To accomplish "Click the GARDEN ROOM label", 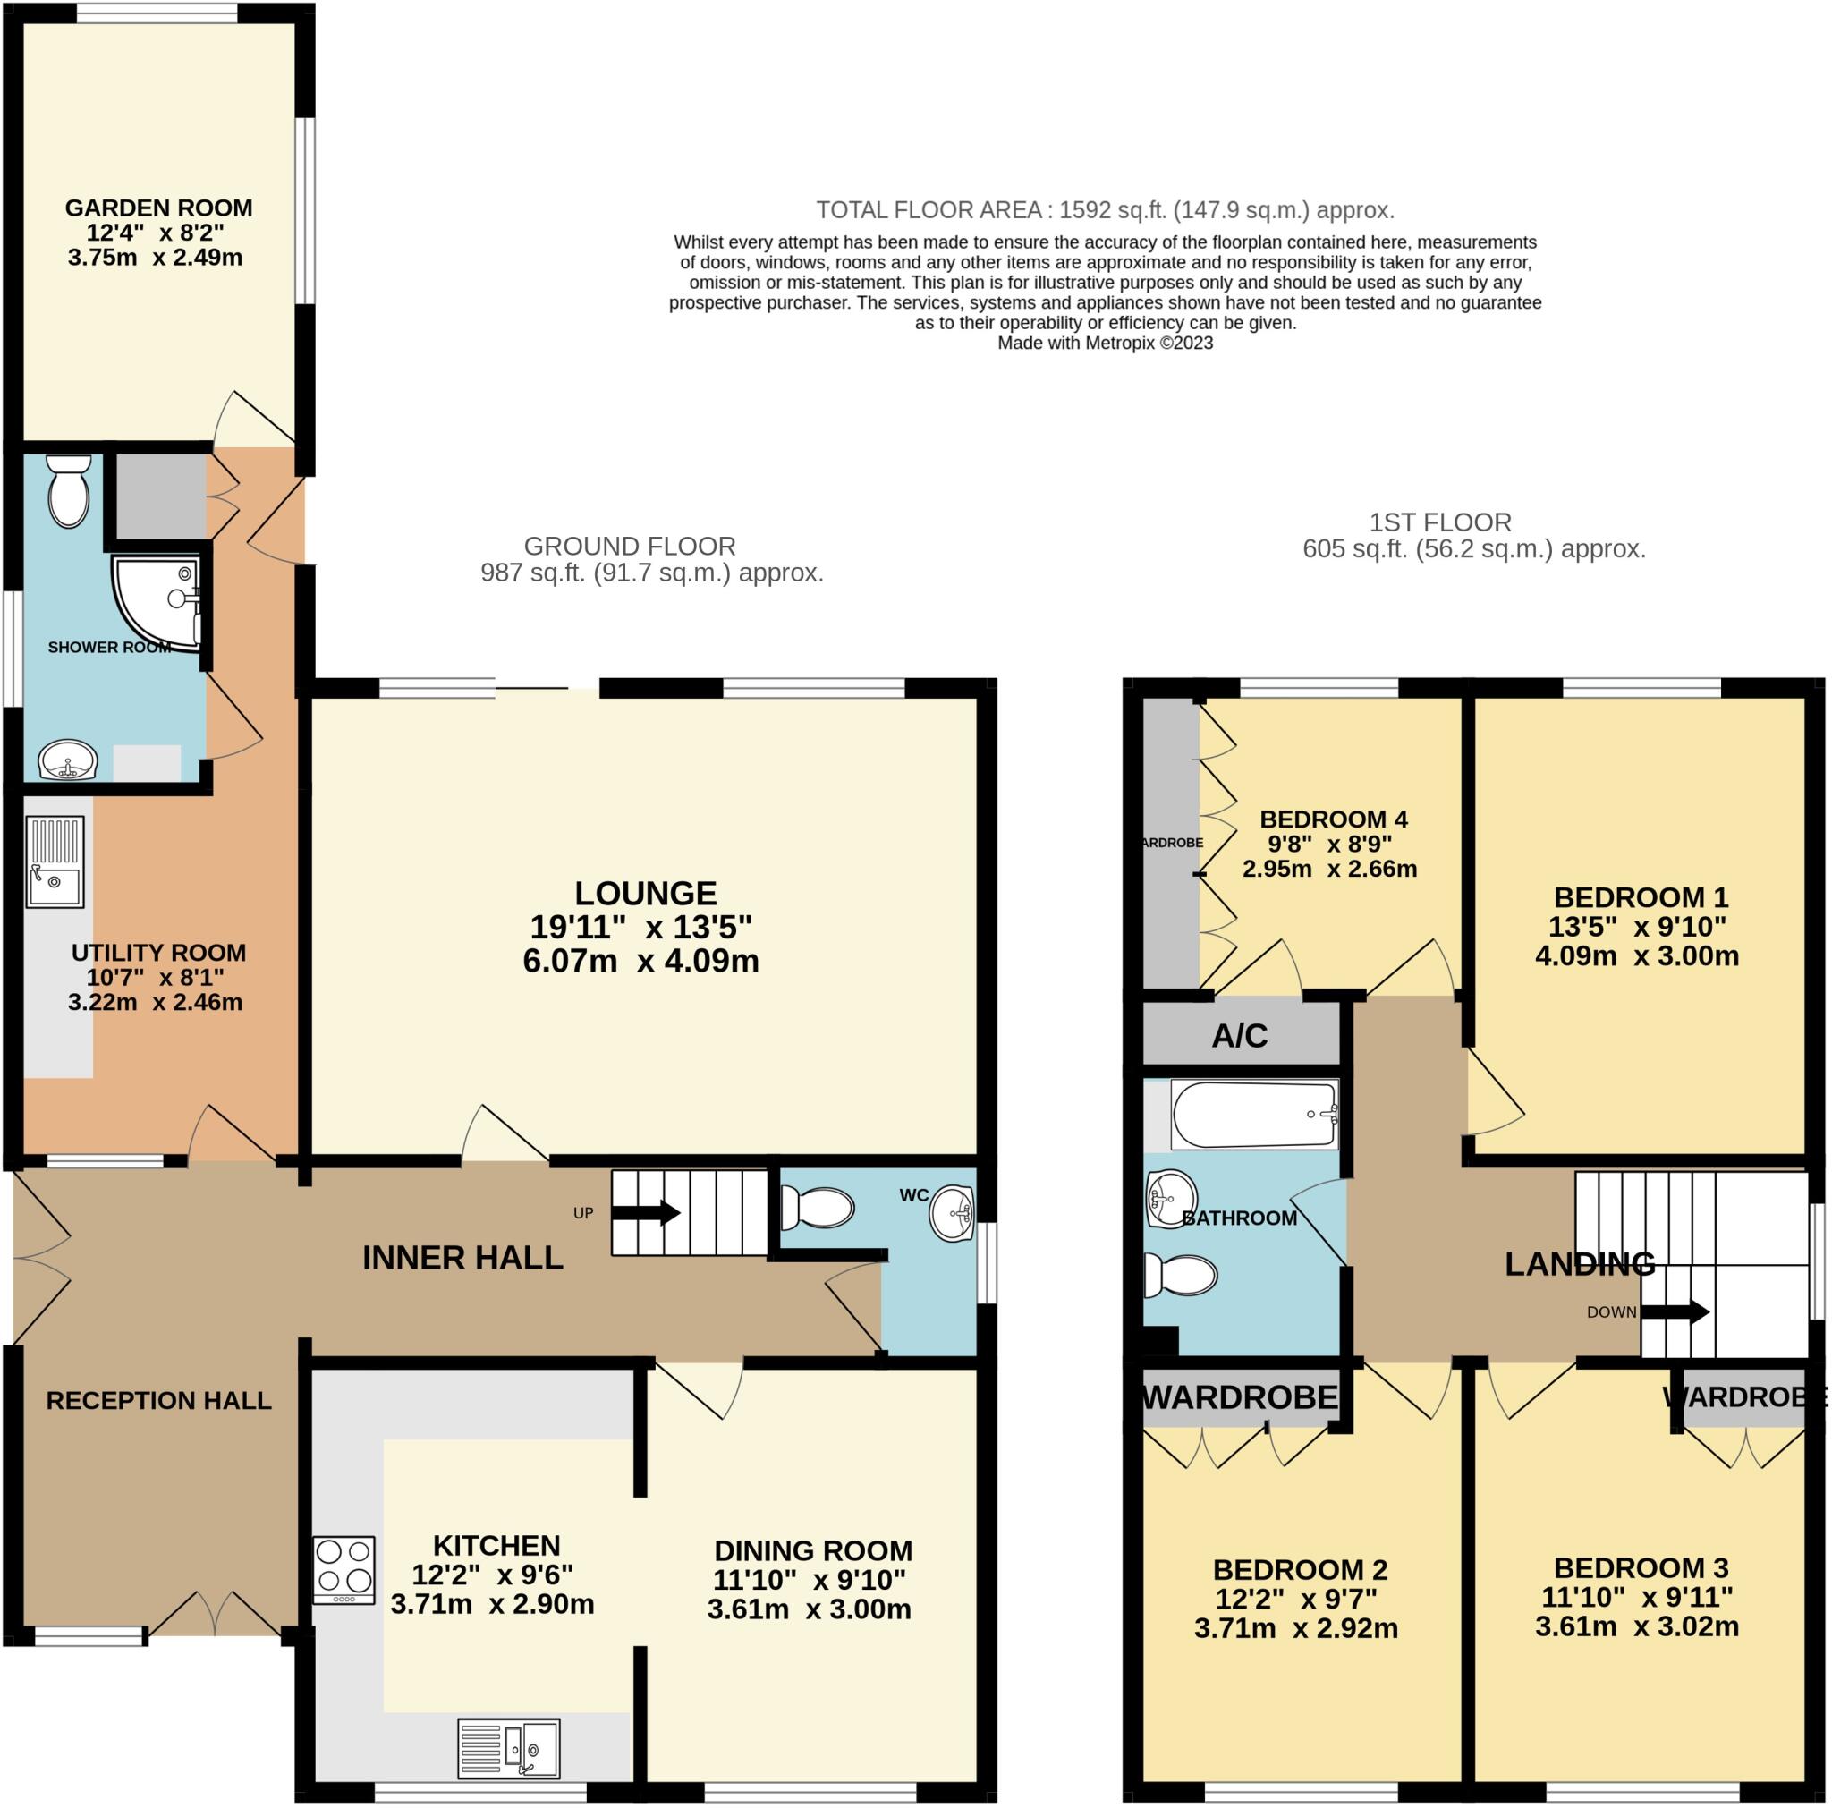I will [x=158, y=208].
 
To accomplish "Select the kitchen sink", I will [x=508, y=1746].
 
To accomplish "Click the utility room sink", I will [x=55, y=862].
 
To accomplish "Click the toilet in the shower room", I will [x=68, y=491].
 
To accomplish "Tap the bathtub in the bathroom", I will [x=1253, y=1114].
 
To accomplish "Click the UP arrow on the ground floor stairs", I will [x=645, y=1212].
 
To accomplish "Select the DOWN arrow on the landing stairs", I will [x=1675, y=1312].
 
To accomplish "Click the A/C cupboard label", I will [x=1238, y=1035].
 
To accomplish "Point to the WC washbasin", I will [x=952, y=1212].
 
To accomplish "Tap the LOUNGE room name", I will [x=645, y=893].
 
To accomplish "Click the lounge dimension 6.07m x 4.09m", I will [x=640, y=961].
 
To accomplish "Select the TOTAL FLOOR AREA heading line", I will [x=1105, y=209].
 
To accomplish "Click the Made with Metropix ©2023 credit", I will [x=1105, y=344].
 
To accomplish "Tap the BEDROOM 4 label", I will [x=1332, y=819].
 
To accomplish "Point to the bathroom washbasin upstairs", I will [x=1171, y=1199].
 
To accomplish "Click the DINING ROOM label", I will [x=812, y=1550].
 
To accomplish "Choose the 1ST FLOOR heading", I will [x=1439, y=522].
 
